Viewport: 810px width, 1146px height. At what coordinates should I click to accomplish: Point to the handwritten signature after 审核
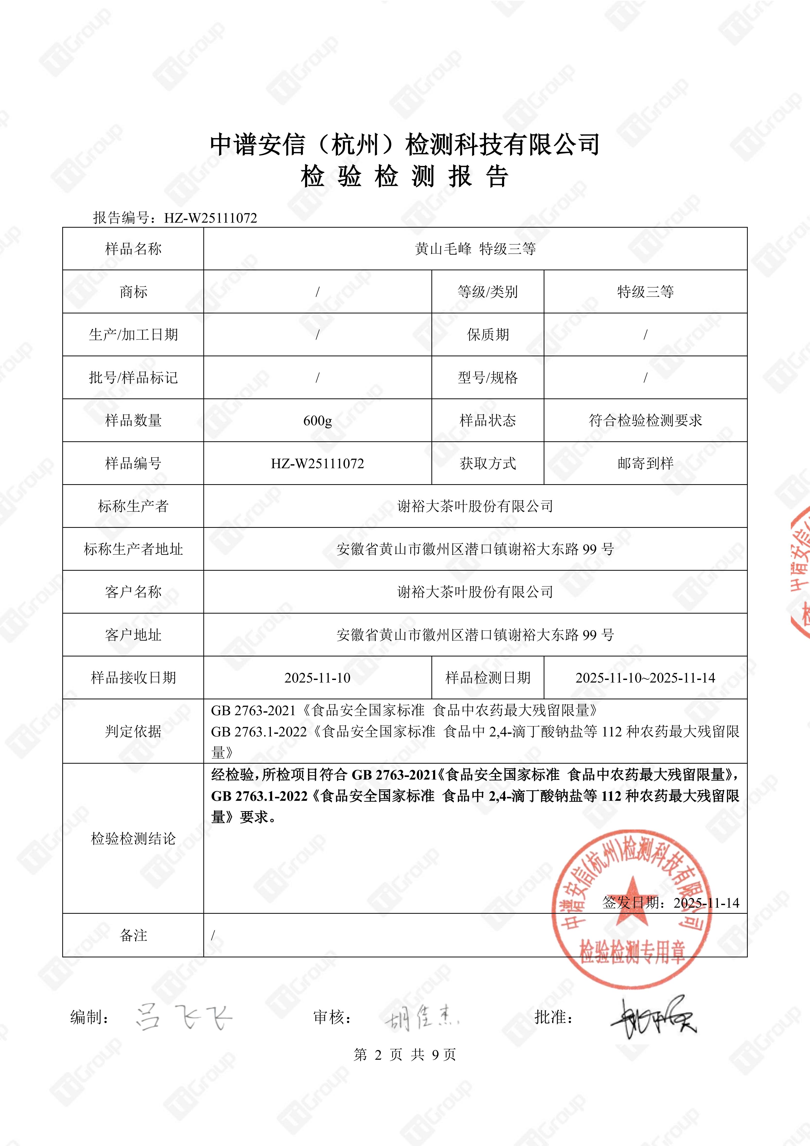point(421,1017)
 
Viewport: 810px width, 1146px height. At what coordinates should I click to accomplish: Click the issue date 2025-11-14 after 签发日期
point(706,903)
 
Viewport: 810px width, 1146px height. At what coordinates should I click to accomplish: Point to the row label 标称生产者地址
point(133,549)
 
